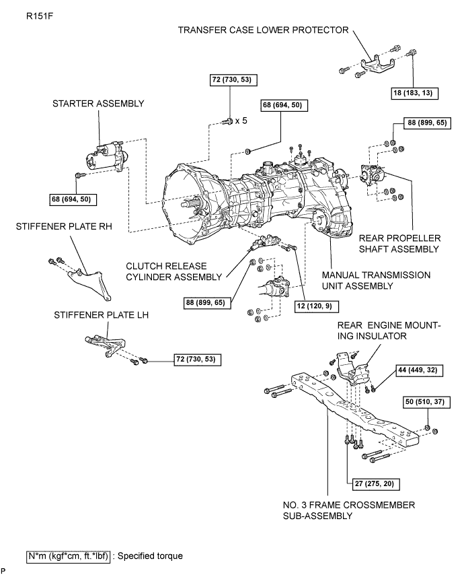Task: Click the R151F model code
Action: point(40,16)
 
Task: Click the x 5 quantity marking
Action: point(241,121)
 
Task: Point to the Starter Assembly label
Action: point(98,104)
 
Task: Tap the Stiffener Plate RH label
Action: point(64,227)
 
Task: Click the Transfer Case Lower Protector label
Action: point(264,30)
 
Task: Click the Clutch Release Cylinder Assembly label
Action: point(174,271)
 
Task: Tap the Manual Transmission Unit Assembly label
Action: point(376,281)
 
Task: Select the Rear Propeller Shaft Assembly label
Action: point(399,244)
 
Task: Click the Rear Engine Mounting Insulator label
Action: point(389,331)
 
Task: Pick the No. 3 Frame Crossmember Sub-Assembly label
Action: point(348,510)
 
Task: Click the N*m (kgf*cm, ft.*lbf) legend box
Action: point(69,556)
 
